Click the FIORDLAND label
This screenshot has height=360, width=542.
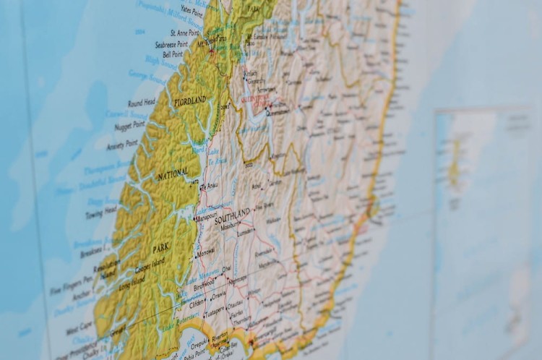[190, 101]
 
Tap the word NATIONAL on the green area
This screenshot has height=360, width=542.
[173, 173]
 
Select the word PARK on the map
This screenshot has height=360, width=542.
[160, 248]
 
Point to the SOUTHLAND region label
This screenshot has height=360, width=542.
[232, 215]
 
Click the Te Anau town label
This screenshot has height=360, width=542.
[209, 187]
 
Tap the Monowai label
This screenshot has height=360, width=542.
[205, 252]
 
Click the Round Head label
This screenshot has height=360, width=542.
[141, 103]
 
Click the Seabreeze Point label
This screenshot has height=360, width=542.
[171, 44]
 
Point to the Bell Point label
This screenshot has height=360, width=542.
[173, 53]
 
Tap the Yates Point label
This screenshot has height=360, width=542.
[192, 11]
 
